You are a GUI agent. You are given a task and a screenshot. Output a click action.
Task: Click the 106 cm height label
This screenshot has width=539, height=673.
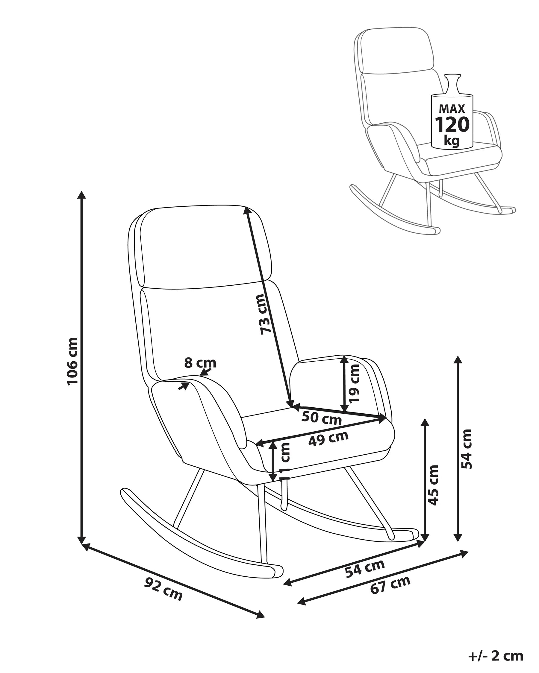(x=72, y=361)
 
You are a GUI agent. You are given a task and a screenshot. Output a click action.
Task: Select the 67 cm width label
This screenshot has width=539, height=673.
(x=390, y=585)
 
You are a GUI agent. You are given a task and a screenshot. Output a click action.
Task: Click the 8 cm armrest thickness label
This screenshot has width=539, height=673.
(x=200, y=363)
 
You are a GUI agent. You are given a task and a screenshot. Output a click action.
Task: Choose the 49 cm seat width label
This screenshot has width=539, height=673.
(x=328, y=438)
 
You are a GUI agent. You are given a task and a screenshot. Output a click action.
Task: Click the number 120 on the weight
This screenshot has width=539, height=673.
(x=452, y=125)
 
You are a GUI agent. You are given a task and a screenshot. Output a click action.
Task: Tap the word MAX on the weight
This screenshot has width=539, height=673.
(x=452, y=109)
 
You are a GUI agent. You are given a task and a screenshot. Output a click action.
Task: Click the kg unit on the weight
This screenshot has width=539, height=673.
(x=452, y=141)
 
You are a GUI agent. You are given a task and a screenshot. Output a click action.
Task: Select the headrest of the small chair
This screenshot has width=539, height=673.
(x=397, y=50)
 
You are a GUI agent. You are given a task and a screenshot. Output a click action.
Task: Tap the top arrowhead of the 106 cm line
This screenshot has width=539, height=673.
(x=82, y=195)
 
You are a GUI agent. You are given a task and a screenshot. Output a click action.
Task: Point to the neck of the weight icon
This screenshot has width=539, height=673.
(x=452, y=84)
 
